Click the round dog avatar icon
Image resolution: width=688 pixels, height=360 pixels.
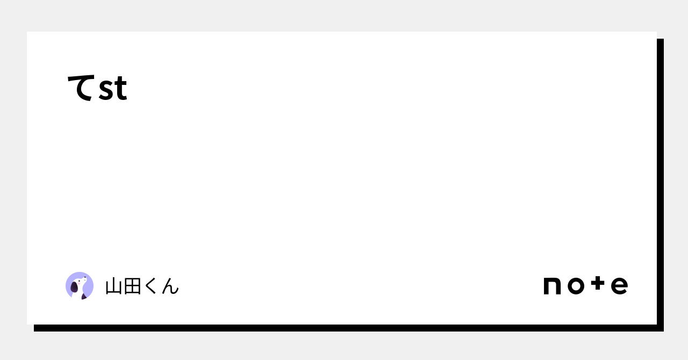click(80, 286)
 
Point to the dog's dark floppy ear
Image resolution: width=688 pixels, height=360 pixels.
click(74, 287)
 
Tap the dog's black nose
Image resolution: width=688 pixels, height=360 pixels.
click(85, 277)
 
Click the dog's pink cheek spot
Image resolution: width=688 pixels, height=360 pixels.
click(78, 284)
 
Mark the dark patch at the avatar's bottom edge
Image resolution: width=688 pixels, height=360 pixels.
click(84, 296)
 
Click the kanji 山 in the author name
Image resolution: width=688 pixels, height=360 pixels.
click(114, 286)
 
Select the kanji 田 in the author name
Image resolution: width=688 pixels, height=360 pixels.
click(133, 286)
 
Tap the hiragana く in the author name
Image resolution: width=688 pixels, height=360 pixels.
click(150, 286)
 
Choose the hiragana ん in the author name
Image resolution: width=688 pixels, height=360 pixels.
click(170, 286)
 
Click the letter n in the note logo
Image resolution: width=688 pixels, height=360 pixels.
click(552, 286)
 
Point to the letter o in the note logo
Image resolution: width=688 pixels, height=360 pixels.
click(576, 286)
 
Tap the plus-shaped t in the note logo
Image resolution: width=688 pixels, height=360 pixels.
click(598, 283)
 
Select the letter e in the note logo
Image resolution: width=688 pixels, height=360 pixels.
click(620, 286)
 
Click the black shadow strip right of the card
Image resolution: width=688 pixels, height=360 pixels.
click(661, 185)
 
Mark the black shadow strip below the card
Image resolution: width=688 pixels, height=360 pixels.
click(349, 328)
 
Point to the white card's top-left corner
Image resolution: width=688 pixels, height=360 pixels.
click(27, 32)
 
